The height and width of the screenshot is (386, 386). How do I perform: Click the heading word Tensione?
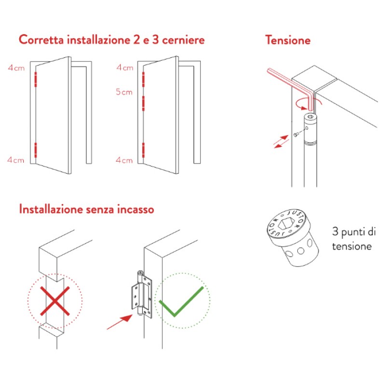click(x=288, y=40)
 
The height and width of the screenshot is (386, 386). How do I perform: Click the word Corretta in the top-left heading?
click(x=40, y=40)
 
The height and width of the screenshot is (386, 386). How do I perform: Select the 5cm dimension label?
click(x=124, y=92)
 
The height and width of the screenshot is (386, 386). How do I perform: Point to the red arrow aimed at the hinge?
click(x=120, y=321)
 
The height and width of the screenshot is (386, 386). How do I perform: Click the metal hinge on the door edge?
click(x=140, y=295)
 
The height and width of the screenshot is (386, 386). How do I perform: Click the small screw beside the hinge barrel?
click(x=295, y=137)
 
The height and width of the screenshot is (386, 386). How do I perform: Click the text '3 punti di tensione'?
click(x=353, y=239)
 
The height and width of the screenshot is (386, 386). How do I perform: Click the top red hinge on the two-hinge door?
click(x=35, y=79)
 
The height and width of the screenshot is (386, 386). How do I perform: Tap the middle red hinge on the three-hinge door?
click(x=143, y=103)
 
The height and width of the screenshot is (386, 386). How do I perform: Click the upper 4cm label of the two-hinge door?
click(x=16, y=68)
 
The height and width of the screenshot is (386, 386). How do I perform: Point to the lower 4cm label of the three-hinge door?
click(x=124, y=160)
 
